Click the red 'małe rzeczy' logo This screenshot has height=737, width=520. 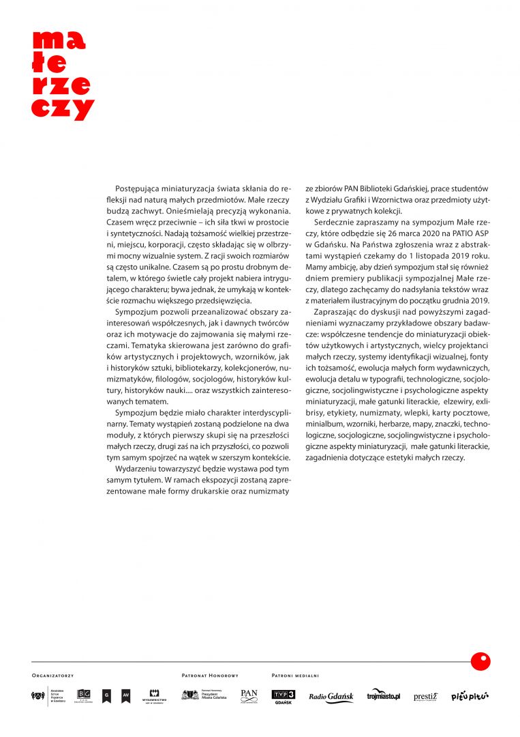[x=62, y=75]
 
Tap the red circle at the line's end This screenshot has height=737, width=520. [x=480, y=661]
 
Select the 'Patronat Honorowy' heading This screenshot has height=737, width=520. [x=210, y=676]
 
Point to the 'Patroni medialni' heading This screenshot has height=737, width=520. [x=295, y=676]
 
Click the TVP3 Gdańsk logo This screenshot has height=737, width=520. [x=283, y=697]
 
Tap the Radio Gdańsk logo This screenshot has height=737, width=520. [x=331, y=697]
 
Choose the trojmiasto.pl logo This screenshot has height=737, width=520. [x=384, y=696]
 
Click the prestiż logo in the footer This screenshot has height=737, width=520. [x=425, y=697]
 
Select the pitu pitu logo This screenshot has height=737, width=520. [x=470, y=696]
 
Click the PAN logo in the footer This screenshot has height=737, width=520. [x=249, y=696]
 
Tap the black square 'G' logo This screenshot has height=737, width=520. [x=106, y=697]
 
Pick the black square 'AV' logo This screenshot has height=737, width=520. [x=125, y=697]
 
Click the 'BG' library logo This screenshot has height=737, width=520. [x=84, y=697]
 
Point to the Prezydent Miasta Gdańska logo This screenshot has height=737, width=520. [x=204, y=695]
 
